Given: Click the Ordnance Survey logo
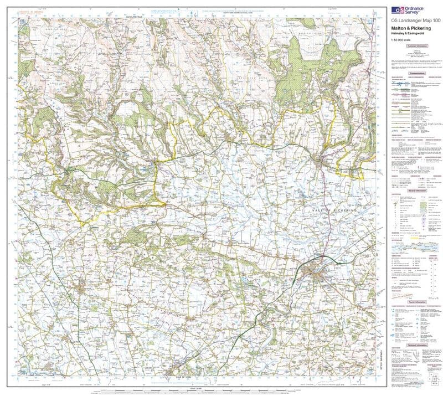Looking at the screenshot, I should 409,9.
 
